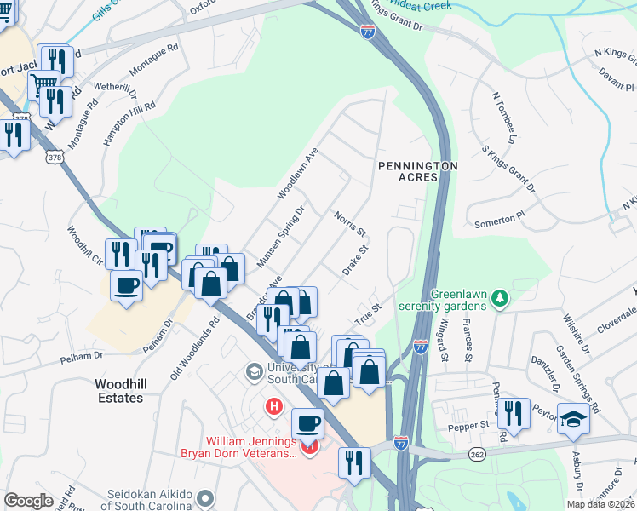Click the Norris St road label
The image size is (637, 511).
click(x=349, y=225)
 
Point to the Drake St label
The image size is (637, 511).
click(x=356, y=259)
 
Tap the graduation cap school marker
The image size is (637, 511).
click(x=573, y=418)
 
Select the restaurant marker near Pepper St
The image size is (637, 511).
click(x=513, y=413)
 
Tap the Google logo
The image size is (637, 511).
click(x=29, y=501)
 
